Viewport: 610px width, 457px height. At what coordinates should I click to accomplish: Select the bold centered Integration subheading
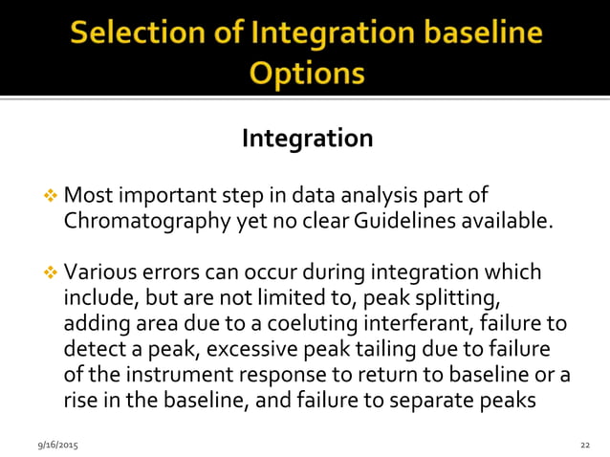point(307,139)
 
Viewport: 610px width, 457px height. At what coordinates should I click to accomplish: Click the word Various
point(98,272)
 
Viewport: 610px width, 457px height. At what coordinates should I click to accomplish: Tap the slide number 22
point(585,446)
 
